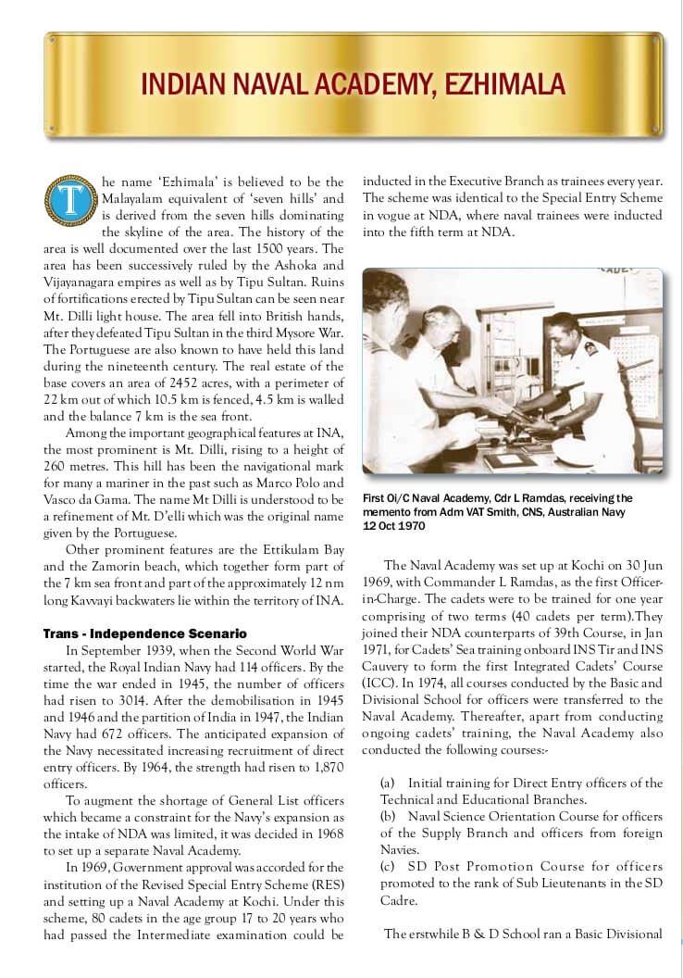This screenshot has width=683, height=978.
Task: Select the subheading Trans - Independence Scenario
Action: [145, 633]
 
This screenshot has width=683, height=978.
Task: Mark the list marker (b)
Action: [389, 816]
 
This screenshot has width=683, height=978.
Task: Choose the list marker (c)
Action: [389, 866]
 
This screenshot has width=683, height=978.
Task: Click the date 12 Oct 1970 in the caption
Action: [395, 525]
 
